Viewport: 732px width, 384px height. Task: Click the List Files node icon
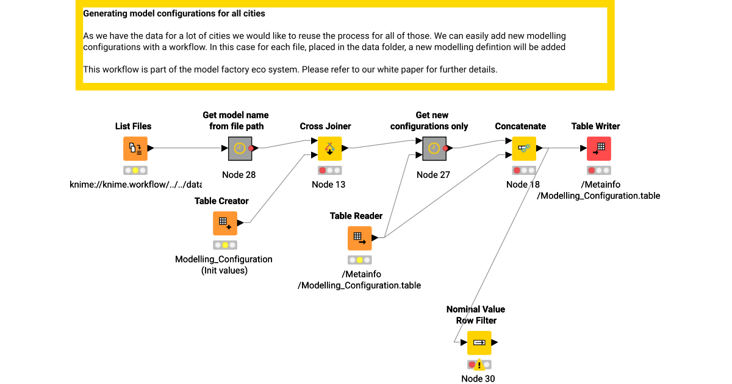tap(135, 148)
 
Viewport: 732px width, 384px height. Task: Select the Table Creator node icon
tap(224, 223)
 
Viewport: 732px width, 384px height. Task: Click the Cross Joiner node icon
tap(329, 148)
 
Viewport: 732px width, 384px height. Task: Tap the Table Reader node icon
tap(359, 238)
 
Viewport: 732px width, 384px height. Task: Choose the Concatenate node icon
tap(523, 148)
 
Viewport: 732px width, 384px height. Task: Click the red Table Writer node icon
tap(598, 148)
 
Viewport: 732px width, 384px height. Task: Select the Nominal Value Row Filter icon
tap(479, 343)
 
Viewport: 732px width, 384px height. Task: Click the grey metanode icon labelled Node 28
tap(240, 148)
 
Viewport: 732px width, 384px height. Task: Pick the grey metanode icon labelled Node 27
tap(434, 148)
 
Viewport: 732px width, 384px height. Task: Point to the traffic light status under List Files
tap(135, 171)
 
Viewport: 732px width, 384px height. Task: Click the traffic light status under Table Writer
tap(598, 171)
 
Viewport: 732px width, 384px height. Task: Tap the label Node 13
tap(328, 185)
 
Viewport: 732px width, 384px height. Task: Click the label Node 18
tap(523, 185)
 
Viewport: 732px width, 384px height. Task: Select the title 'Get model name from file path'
tap(235, 121)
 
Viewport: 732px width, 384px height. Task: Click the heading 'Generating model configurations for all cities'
tap(174, 13)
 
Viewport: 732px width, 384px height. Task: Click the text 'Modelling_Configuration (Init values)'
tap(224, 265)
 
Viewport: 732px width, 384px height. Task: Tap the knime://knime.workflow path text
tap(136, 185)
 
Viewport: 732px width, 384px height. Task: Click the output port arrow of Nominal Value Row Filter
tap(495, 343)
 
